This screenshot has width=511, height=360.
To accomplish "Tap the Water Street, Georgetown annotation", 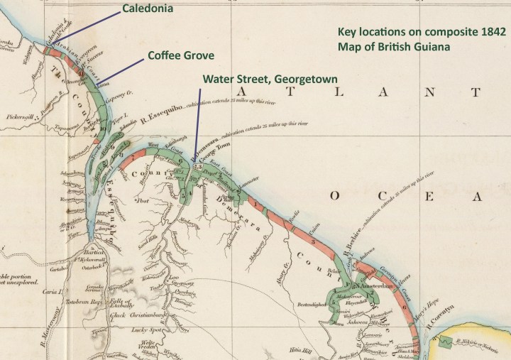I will coord(270,78).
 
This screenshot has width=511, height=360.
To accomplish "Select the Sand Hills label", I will coord(147,241).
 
